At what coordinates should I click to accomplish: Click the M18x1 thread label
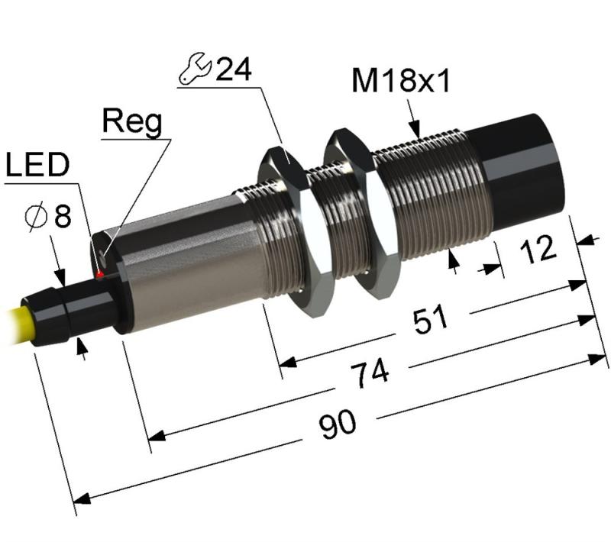(401, 81)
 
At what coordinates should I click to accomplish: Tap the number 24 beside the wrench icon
(234, 69)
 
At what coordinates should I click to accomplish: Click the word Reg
(131, 122)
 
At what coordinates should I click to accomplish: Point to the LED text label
(37, 164)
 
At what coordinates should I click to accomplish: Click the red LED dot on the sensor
(100, 275)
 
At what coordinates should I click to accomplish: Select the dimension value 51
(431, 319)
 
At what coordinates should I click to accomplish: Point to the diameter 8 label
(48, 216)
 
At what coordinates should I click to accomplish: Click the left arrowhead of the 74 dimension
(157, 436)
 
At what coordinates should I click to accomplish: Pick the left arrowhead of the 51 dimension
(288, 363)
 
